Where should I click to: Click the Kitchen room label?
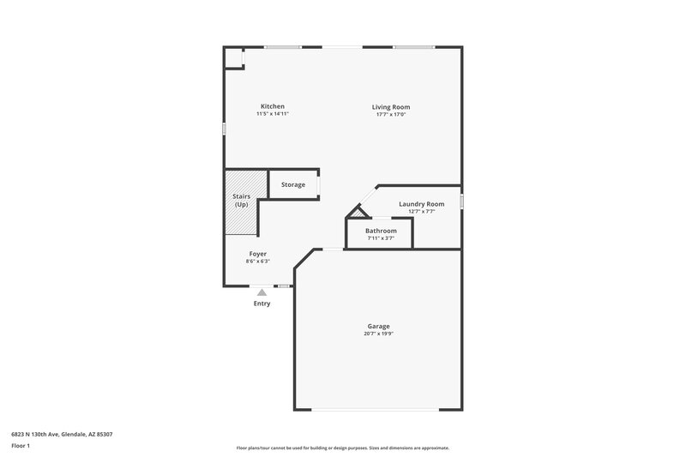[273, 106]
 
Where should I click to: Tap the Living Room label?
[390, 107]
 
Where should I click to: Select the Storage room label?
[293, 184]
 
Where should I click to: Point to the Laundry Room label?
[422, 204]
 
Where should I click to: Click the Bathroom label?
[381, 231]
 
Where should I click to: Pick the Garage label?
[379, 326]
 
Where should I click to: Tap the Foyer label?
[258, 254]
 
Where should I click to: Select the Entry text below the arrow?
[262, 304]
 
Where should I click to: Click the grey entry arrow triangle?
[262, 292]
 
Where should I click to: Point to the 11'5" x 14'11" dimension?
[273, 114]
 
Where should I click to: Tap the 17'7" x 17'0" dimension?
[390, 114]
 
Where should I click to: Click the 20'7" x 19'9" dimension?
[379, 333]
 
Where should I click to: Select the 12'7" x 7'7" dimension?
[422, 211]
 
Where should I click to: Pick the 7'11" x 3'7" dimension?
[381, 238]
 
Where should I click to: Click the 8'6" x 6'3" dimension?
[258, 261]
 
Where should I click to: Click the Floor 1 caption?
[21, 446]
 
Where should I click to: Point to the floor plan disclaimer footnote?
[343, 448]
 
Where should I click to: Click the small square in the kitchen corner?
[233, 57]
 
